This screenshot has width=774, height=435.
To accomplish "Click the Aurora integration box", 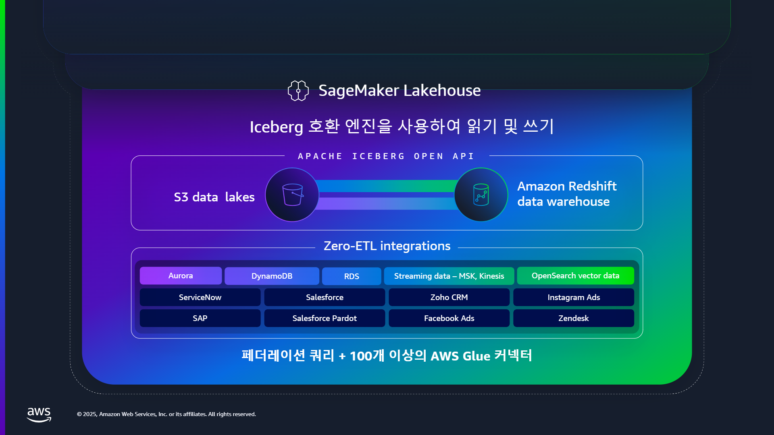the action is [x=181, y=276].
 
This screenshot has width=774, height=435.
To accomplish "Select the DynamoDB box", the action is [x=272, y=276].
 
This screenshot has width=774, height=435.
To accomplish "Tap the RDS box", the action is [x=352, y=276].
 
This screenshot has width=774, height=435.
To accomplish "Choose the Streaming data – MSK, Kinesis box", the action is [x=449, y=276].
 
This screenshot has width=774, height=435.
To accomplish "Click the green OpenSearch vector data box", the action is [x=576, y=276].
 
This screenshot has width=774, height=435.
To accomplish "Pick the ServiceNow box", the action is [x=200, y=297].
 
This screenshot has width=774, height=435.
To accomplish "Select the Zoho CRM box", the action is [x=449, y=297].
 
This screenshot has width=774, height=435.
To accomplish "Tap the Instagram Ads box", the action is [x=574, y=297].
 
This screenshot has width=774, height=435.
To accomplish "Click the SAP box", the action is [x=200, y=318].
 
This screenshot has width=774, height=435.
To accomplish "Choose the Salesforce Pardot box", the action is [x=325, y=318].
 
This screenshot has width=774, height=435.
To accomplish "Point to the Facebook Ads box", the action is [x=449, y=318].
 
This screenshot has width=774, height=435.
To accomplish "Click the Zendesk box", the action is [x=574, y=318].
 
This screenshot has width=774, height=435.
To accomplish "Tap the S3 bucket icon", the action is [x=293, y=195].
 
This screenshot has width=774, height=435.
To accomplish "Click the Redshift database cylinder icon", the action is [x=481, y=195].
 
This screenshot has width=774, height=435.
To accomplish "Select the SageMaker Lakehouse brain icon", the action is [x=298, y=91].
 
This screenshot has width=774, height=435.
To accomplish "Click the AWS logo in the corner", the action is [x=39, y=414].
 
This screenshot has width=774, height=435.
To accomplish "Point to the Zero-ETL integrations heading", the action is [x=387, y=246].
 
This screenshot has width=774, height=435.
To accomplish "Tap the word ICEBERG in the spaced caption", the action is [x=378, y=156].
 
